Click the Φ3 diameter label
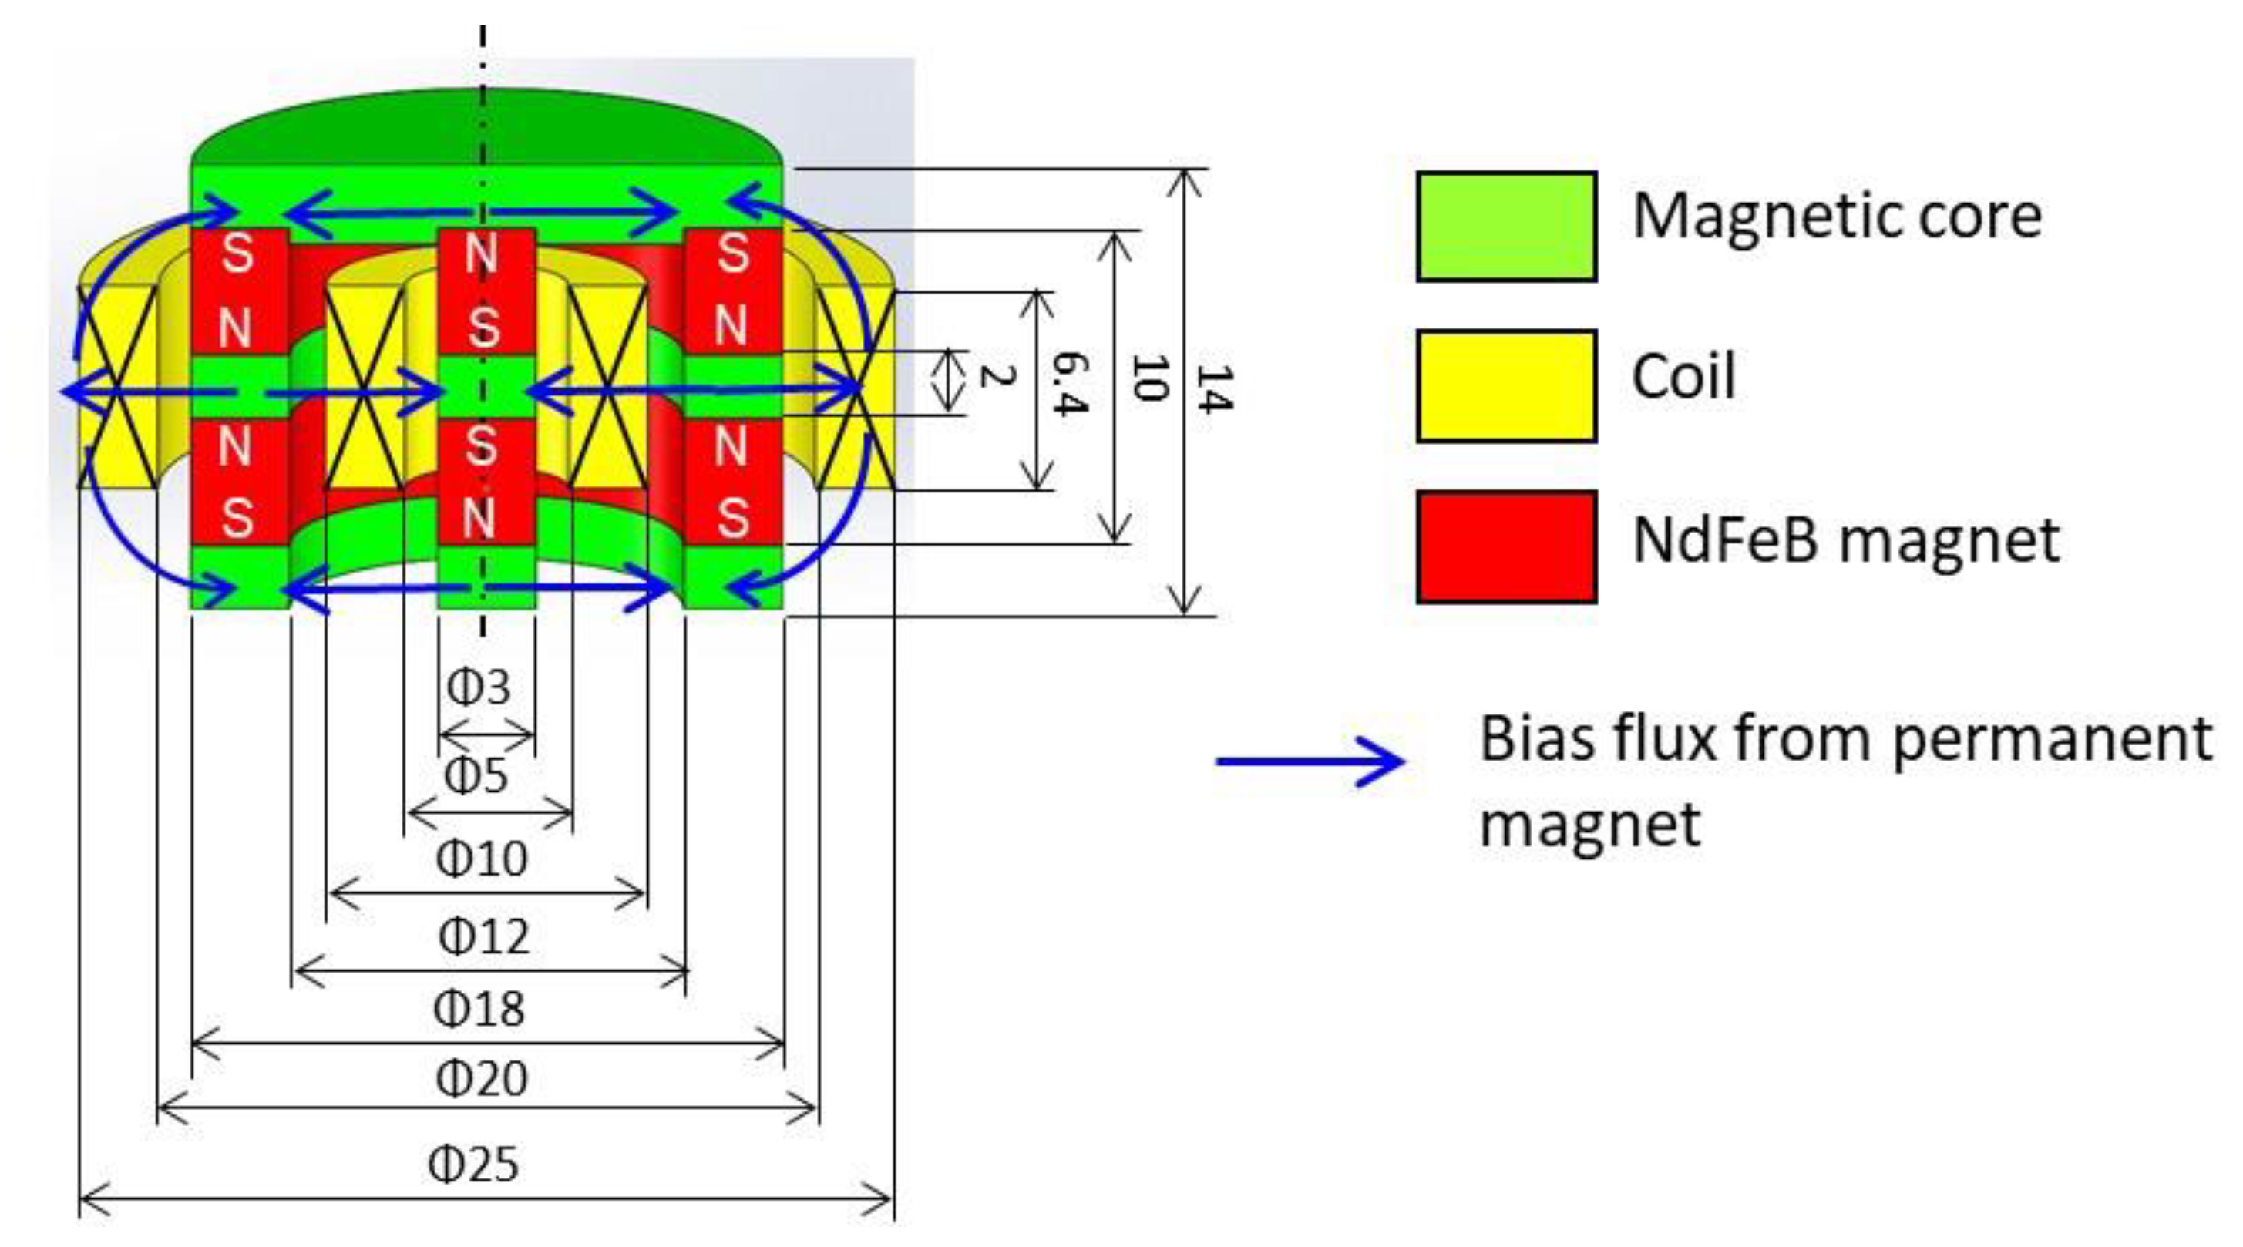[x=478, y=688]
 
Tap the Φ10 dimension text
[x=482, y=859]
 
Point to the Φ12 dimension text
[x=483, y=938]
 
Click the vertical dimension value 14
[x=1214, y=389]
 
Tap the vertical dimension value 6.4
[x=1068, y=384]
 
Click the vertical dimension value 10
[x=1148, y=378]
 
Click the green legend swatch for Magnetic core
[x=1506, y=227]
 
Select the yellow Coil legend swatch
[x=1506, y=386]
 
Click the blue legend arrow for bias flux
[x=1310, y=761]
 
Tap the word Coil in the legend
[x=1683, y=377]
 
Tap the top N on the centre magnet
[x=481, y=255]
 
